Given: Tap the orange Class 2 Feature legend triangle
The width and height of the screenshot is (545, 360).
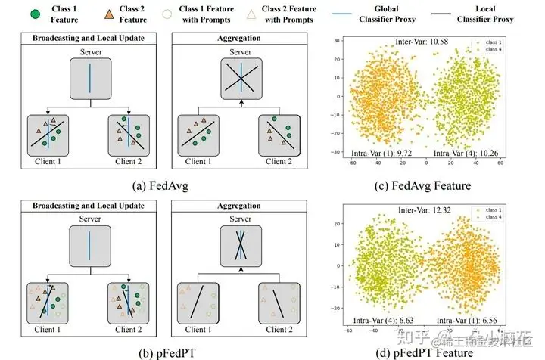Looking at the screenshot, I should [111, 14].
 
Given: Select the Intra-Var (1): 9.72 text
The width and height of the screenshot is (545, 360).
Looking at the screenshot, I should [374, 152].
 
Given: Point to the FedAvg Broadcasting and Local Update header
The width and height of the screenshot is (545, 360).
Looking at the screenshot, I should [89, 37].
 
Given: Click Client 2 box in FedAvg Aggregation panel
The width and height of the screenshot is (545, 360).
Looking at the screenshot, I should [277, 133].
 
